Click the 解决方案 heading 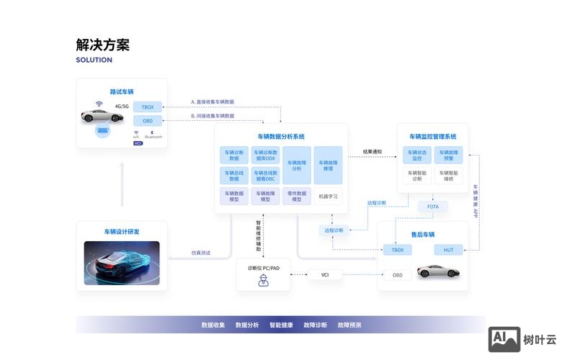[x=102, y=45]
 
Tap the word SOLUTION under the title [x=94, y=60]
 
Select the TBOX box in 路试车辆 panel [x=148, y=107]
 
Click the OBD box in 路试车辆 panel [x=148, y=121]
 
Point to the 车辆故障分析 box [x=296, y=165]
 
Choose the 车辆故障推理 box [x=328, y=165]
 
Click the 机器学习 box [x=328, y=196]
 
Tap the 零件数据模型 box [x=296, y=196]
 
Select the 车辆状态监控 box [x=417, y=155]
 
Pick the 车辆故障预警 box [x=450, y=155]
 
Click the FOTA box [x=432, y=207]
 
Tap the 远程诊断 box [x=334, y=230]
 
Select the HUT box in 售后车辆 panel [x=448, y=250]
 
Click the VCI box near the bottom [x=324, y=274]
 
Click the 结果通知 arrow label [x=372, y=152]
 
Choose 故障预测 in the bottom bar [x=349, y=325]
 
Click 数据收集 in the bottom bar [x=213, y=325]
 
